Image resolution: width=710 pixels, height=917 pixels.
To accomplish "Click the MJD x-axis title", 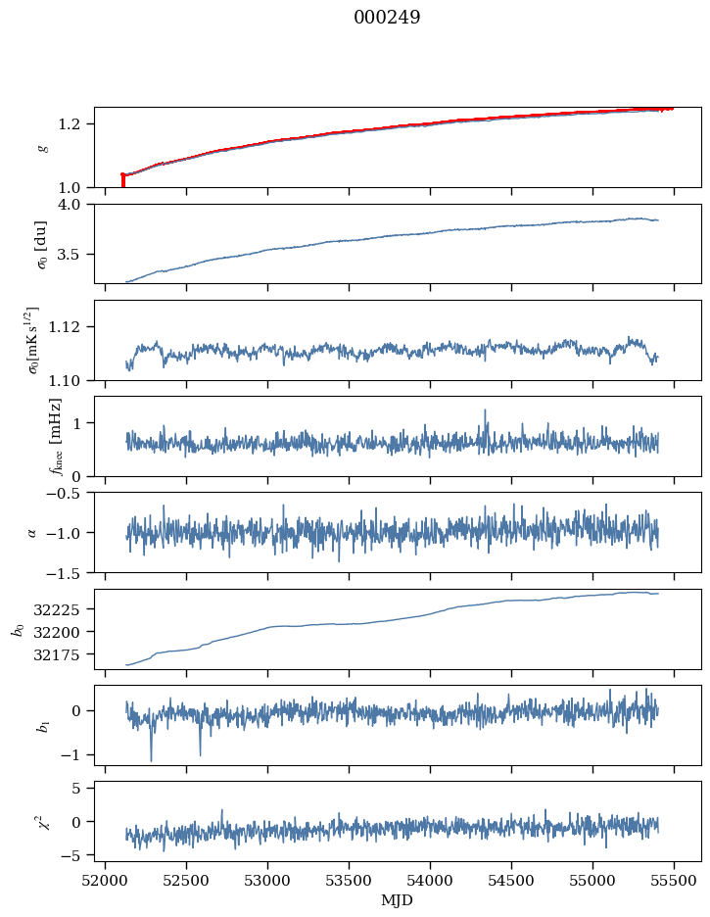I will tap(398, 900).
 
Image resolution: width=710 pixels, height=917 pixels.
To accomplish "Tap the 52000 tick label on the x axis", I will tap(106, 880).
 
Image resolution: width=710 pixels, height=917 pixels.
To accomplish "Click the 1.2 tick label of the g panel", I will tap(76, 124).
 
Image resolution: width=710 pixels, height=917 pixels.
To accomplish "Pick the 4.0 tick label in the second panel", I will tap(76, 205).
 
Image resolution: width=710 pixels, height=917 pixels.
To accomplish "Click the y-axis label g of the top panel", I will tap(42, 147).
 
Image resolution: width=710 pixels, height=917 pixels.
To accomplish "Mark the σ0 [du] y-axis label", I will tap(42, 243).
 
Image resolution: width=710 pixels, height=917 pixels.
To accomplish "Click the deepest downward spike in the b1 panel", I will tap(151, 759).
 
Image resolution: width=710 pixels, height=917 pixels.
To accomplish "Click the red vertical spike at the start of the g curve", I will tap(122, 180).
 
